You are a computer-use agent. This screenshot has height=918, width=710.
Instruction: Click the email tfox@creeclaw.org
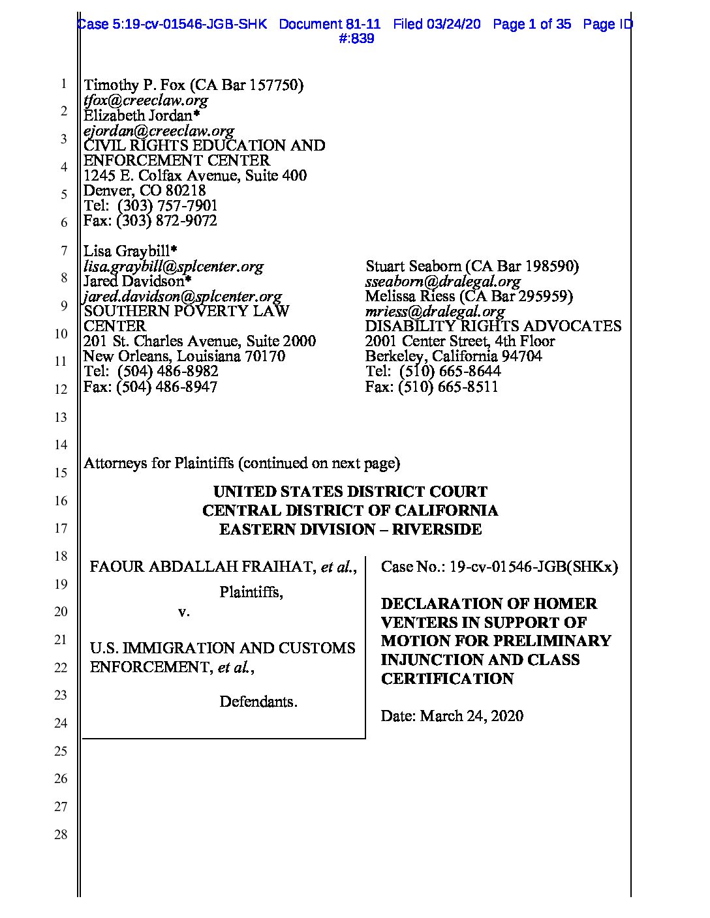(146, 100)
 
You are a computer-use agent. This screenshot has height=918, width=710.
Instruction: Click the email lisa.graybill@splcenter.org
(174, 266)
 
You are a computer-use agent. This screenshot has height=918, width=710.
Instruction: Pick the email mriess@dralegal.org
(435, 311)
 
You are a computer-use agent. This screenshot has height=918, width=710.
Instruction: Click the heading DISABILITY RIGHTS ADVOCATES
(493, 326)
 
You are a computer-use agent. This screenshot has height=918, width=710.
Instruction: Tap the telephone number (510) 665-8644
(450, 371)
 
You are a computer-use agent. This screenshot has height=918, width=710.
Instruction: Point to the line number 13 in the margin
(61, 417)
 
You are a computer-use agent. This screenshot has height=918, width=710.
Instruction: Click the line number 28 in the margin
(61, 835)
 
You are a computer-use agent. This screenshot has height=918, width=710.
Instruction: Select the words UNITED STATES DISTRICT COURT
(350, 492)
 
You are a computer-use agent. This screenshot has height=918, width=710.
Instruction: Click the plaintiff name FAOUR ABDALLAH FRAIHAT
(202, 567)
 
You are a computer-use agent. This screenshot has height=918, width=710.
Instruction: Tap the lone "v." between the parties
(184, 612)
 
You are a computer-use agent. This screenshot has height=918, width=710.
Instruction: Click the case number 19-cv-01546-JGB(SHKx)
(534, 567)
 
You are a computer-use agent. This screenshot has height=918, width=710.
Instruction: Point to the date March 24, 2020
(471, 716)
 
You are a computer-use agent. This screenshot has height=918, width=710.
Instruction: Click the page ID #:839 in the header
(357, 39)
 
